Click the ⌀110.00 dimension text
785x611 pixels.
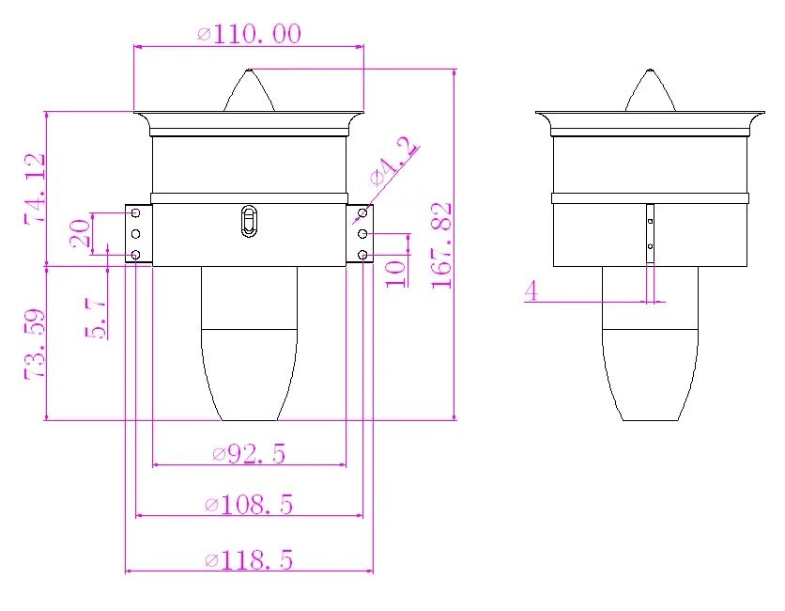[249, 35]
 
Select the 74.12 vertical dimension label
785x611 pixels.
[35, 188]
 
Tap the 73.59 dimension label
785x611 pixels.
[35, 343]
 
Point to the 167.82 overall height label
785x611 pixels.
[442, 244]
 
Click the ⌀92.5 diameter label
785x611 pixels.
[249, 453]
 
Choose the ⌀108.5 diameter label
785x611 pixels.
[249, 505]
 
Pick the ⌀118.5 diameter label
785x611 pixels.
[249, 560]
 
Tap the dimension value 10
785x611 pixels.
[395, 273]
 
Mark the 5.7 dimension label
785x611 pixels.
[95, 316]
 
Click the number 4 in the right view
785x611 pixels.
[531, 290]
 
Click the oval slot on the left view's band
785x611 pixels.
[249, 222]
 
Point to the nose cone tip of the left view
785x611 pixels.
[248, 71]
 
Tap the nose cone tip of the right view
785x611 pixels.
[650, 71]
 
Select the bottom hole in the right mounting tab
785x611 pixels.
[362, 255]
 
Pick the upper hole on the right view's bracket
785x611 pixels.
[650, 221]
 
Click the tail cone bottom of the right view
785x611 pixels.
[650, 418]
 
